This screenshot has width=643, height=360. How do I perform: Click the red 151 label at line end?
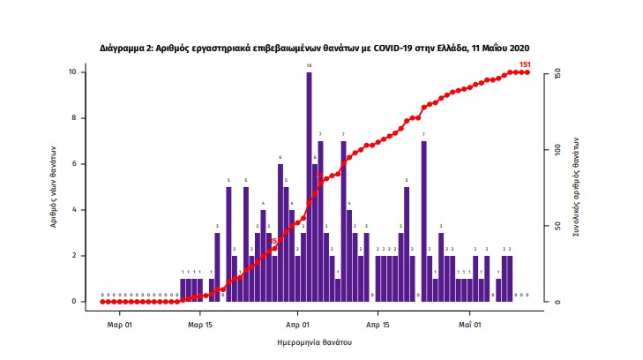(524, 64)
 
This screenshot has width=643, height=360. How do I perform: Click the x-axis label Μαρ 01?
(120, 324)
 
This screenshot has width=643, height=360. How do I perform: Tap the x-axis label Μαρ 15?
(200, 324)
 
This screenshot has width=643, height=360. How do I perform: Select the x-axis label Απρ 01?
(298, 324)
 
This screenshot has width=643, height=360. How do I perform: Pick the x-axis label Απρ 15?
(378, 324)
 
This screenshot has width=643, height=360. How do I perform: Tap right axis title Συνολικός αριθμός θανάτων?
(575, 188)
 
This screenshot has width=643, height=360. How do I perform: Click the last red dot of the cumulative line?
(527, 72)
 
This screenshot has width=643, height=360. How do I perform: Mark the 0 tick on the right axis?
(557, 302)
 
